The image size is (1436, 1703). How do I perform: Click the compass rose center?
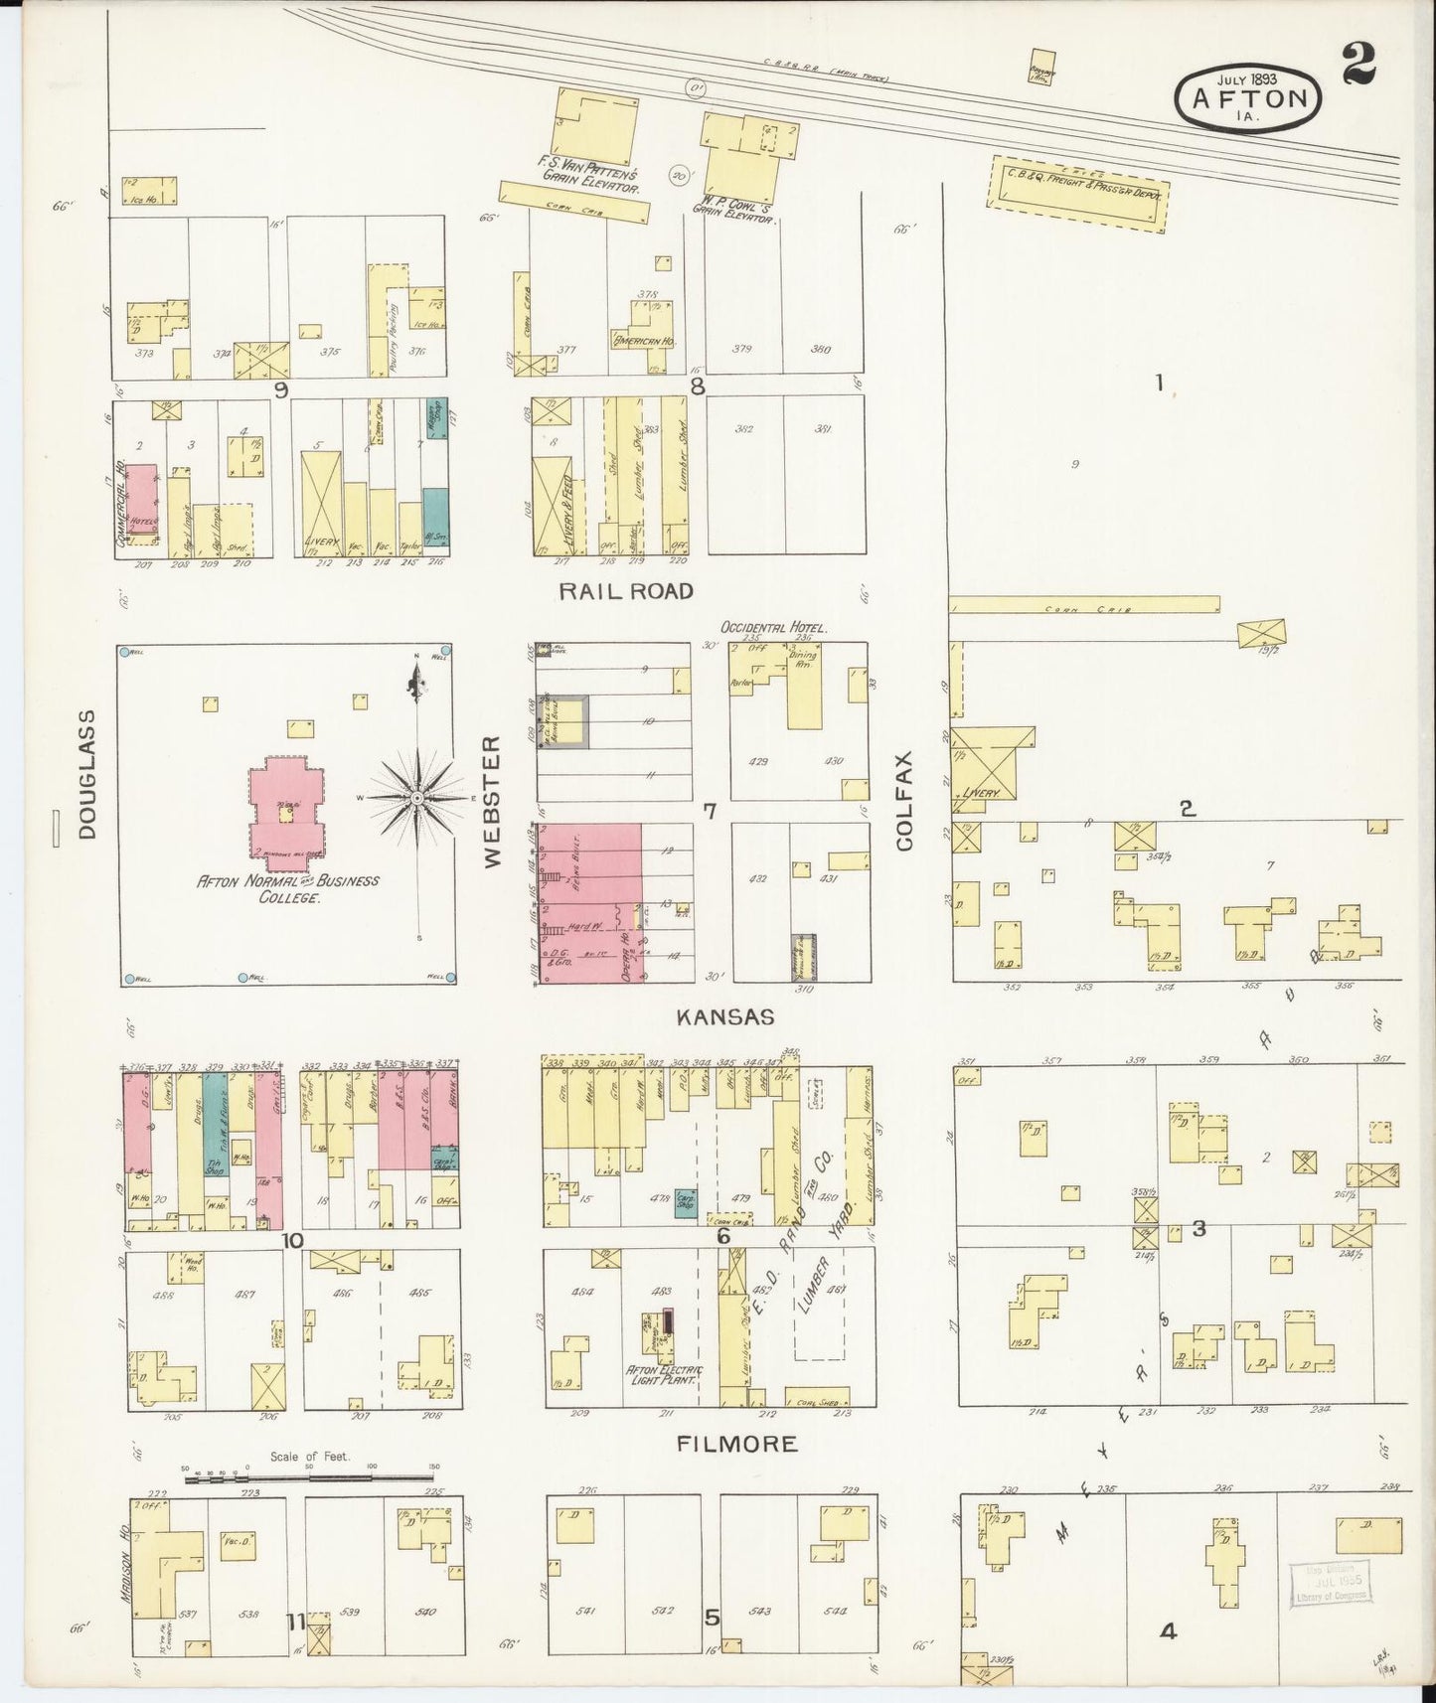[x=418, y=797]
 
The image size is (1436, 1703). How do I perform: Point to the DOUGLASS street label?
[x=87, y=774]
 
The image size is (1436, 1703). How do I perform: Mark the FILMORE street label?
[x=736, y=1444]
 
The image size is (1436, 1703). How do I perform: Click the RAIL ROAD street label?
[x=625, y=591]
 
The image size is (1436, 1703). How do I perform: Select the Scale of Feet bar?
[x=311, y=1479]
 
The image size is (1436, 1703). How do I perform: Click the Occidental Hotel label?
[x=774, y=628]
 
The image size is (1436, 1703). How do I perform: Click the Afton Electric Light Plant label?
[x=663, y=1377]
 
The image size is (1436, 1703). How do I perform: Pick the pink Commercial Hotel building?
[x=141, y=505]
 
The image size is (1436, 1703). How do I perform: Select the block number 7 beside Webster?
[x=710, y=812]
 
